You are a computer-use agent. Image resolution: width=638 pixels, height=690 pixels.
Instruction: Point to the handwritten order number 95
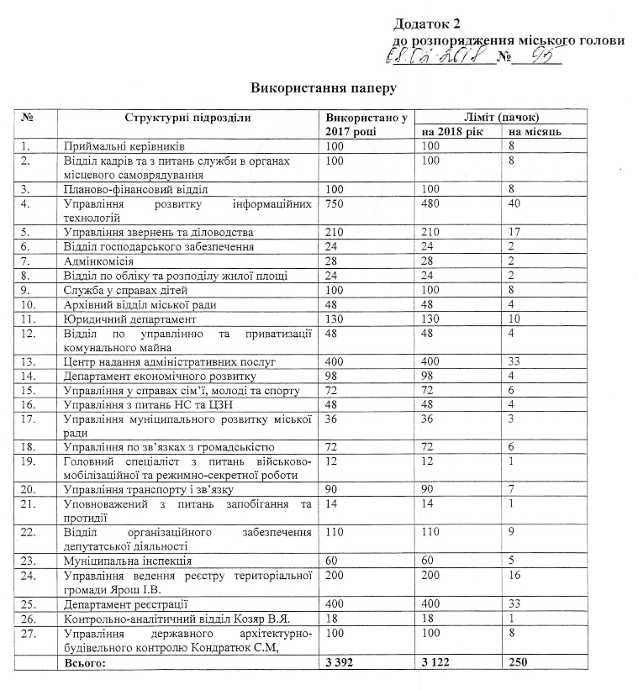(x=540, y=56)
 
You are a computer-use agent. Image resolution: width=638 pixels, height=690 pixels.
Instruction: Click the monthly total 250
(x=517, y=664)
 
